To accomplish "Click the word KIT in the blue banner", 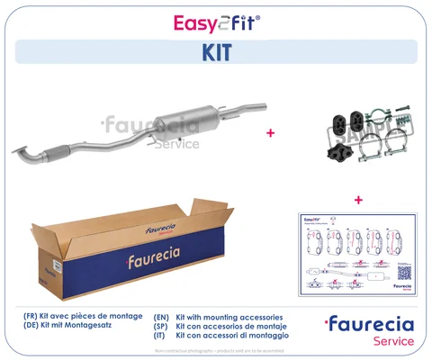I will point(215,52).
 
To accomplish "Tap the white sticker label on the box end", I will point(54,267).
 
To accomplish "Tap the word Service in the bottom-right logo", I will point(392,341).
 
